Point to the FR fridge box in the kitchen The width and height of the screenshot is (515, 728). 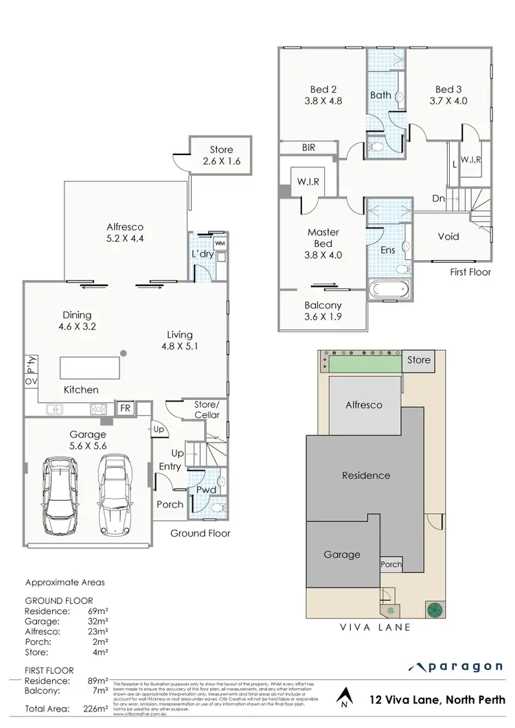(x=126, y=408)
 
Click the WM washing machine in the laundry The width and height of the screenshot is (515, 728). (x=220, y=243)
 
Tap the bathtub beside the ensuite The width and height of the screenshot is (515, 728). (x=389, y=290)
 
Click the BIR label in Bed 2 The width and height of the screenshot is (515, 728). (x=308, y=147)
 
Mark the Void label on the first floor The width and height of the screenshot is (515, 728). (x=449, y=237)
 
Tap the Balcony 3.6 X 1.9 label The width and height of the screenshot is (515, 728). (x=323, y=312)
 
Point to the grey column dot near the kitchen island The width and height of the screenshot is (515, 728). (x=123, y=353)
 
